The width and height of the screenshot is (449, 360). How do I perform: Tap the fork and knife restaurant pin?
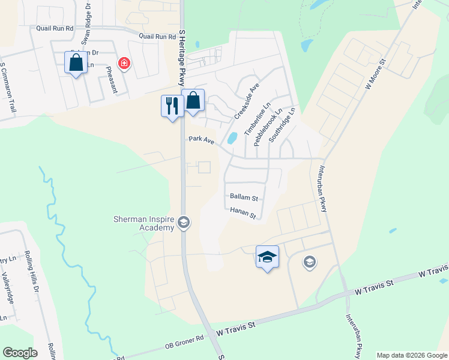[x=172, y=106]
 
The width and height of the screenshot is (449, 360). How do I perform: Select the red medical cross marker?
[x=124, y=63]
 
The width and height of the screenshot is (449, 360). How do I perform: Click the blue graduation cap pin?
[x=267, y=257]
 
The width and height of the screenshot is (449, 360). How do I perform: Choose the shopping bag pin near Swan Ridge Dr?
[x=76, y=63]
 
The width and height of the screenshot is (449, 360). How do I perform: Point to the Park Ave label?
[x=201, y=140]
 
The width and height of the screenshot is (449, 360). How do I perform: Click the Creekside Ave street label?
[x=246, y=101]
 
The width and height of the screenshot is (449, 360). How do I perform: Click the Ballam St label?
[x=244, y=197]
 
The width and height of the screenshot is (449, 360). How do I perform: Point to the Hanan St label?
[x=243, y=212]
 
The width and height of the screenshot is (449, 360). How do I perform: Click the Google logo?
[x=20, y=352]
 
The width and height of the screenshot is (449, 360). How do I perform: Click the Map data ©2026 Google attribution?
[x=411, y=355]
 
